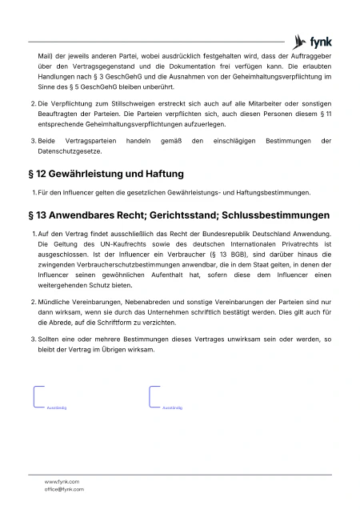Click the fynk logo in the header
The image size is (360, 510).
coord(312,42)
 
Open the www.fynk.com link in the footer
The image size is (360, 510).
coord(62,481)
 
